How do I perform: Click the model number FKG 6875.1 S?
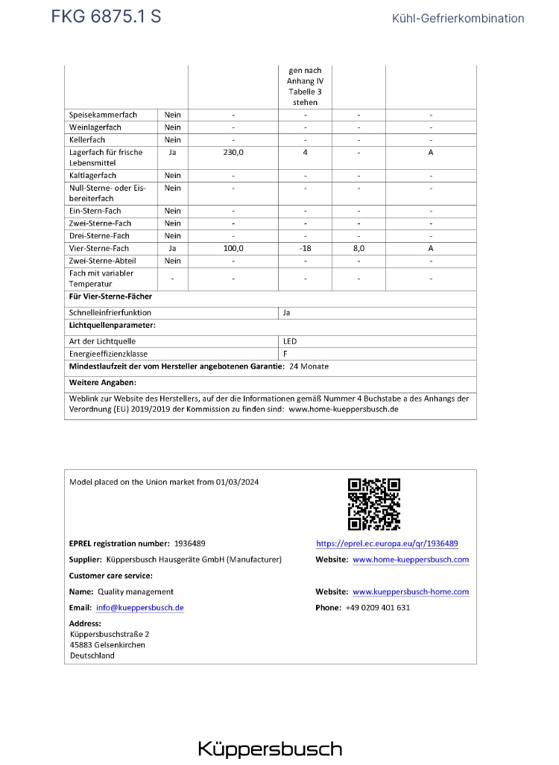tap(106, 16)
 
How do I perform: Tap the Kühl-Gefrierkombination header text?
tap(458, 19)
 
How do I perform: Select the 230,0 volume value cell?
tap(233, 152)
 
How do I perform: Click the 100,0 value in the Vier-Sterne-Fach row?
tap(233, 248)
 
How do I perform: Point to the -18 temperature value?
tap(306, 248)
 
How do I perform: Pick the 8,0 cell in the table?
tap(359, 248)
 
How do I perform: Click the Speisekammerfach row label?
tap(103, 115)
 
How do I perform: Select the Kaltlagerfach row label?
tap(92, 176)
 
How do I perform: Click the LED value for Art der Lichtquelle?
tap(290, 341)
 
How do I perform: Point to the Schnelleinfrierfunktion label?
tap(110, 313)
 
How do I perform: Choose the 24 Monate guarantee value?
tap(309, 366)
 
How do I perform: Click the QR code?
tap(374, 504)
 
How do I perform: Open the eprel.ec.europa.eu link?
tap(387, 544)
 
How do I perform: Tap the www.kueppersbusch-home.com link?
tap(411, 592)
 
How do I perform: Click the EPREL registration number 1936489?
tap(189, 544)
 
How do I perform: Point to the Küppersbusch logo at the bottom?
tap(270, 749)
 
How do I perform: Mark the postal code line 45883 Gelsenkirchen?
tap(107, 645)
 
